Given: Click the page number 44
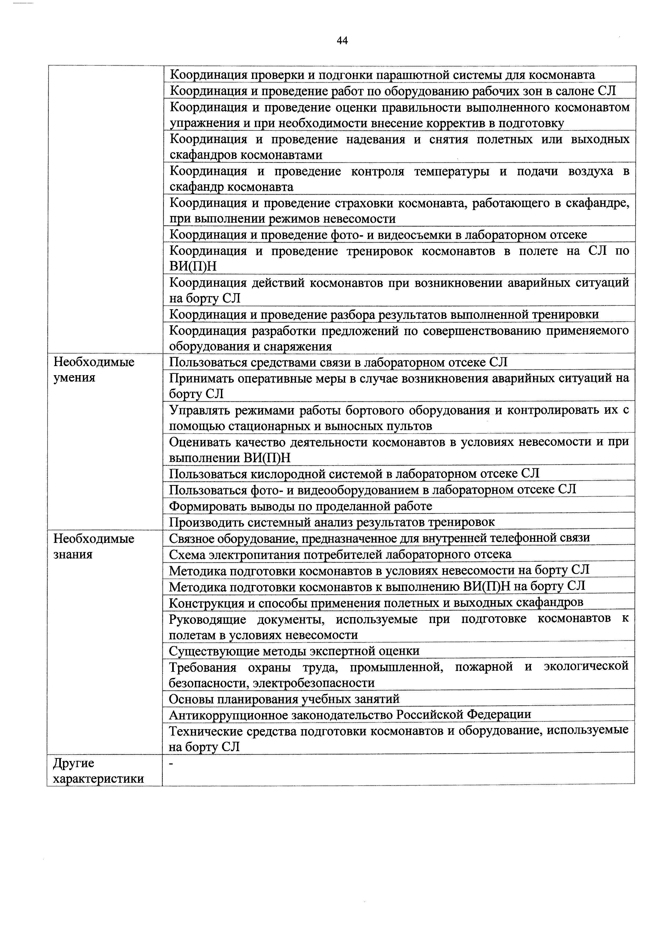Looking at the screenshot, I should [x=342, y=40].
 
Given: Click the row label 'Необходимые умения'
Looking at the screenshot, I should [x=94, y=370].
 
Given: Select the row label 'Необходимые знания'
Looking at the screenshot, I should [x=94, y=546].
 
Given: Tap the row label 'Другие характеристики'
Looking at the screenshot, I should [x=98, y=770].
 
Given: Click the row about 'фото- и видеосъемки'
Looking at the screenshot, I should [x=378, y=234].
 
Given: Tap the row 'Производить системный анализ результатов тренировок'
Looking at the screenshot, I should [x=332, y=522].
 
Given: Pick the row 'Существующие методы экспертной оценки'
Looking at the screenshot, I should [x=294, y=651].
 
